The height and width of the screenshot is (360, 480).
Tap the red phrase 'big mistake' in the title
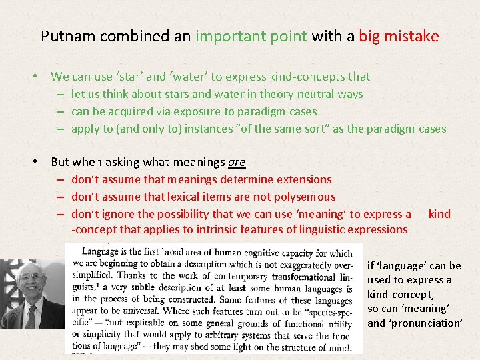point(399,36)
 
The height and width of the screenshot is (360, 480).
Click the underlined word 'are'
point(237,162)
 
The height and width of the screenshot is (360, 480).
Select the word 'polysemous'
point(304,197)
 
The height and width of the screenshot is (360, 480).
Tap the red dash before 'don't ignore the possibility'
point(60,214)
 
